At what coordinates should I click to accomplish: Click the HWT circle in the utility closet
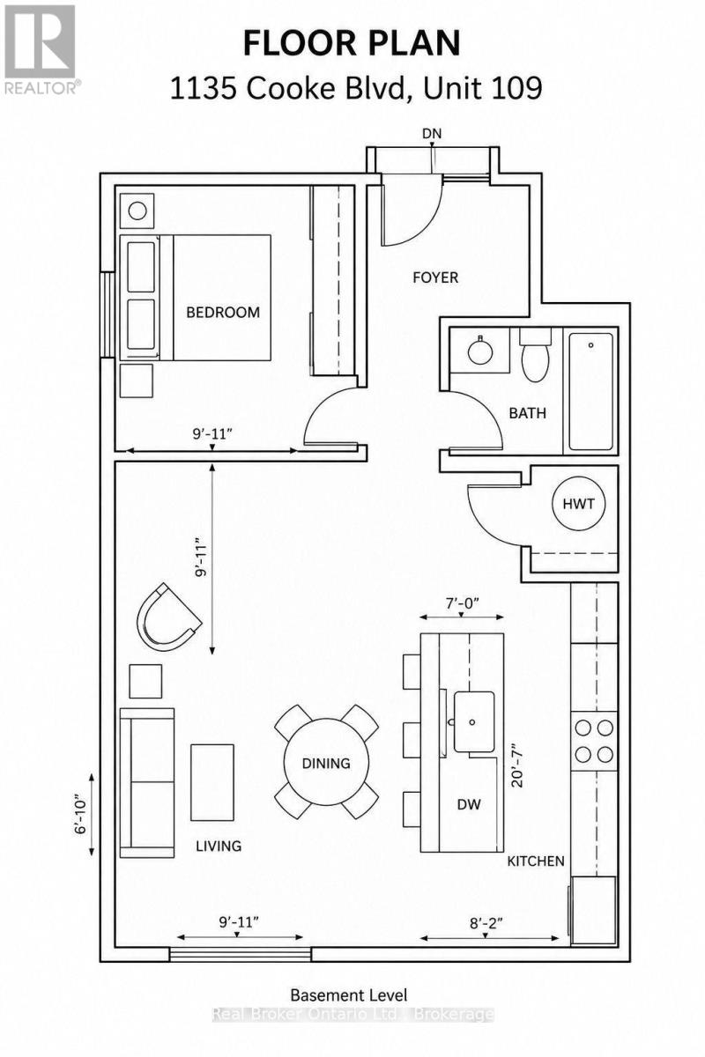(578, 504)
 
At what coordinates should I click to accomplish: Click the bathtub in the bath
(590, 392)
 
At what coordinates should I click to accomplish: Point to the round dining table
(326, 763)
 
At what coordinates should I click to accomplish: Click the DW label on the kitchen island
(469, 804)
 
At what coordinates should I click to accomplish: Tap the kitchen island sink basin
(473, 721)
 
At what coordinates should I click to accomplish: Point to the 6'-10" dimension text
(81, 817)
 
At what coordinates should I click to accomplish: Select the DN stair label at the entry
(432, 134)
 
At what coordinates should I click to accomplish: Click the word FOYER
(435, 277)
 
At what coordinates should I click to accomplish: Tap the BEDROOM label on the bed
(223, 313)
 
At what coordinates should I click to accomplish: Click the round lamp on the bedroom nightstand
(137, 211)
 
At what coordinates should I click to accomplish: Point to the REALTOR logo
(41, 49)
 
